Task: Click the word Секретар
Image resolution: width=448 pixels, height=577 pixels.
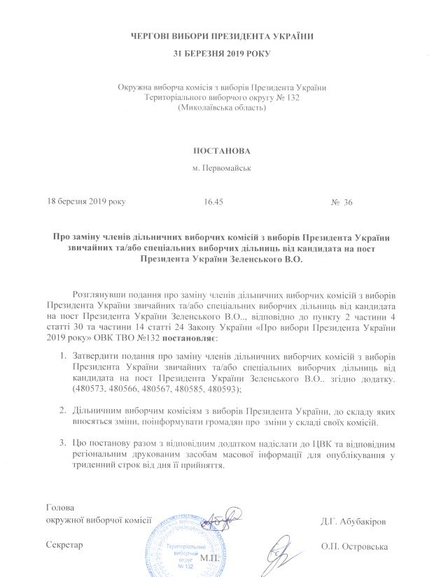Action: (63, 545)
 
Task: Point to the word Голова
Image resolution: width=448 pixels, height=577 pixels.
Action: (59, 506)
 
